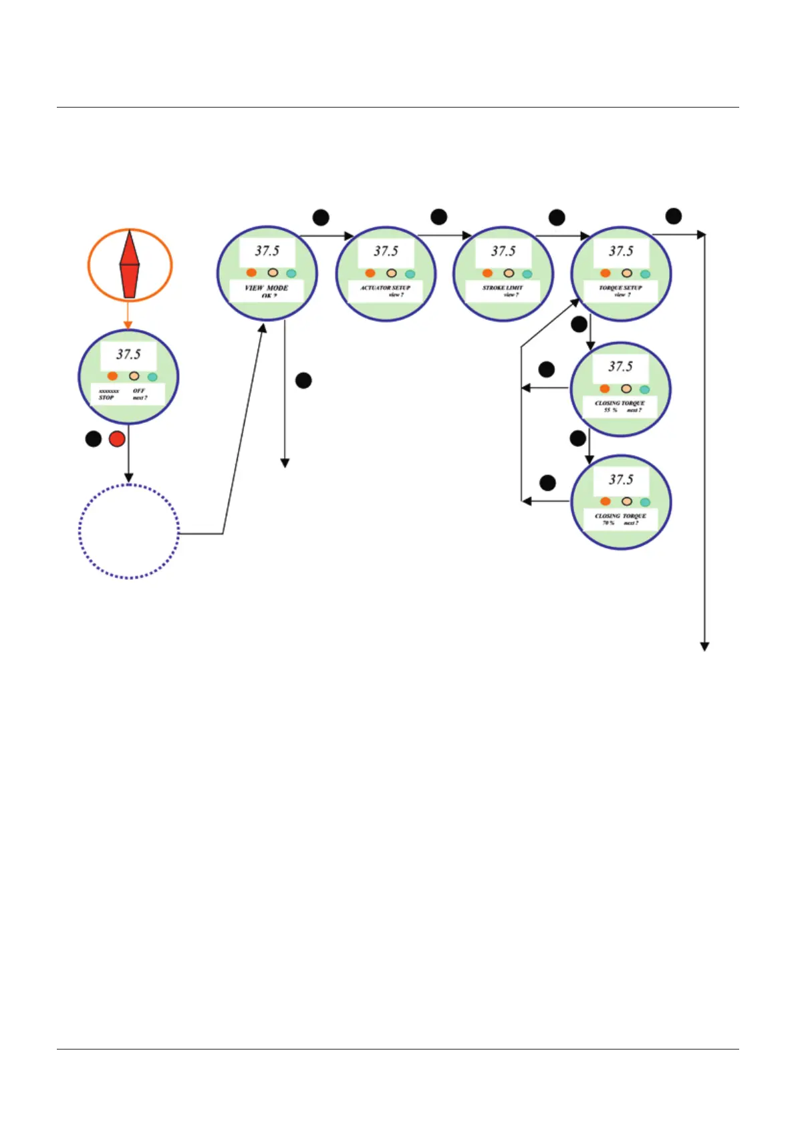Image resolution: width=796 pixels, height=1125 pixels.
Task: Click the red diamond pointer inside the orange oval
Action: point(130,265)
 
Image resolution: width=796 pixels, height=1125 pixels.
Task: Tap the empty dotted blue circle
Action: point(129,531)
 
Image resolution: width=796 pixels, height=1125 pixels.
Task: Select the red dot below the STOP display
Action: point(117,439)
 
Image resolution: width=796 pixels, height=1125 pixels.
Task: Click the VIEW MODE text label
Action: point(266,288)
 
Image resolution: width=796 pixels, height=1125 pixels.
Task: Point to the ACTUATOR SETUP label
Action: point(385,287)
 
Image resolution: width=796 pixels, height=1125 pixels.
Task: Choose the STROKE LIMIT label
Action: point(503,287)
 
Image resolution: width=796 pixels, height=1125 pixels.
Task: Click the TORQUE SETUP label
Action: point(620,287)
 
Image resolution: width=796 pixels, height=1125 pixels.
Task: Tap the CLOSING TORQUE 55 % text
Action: point(620,406)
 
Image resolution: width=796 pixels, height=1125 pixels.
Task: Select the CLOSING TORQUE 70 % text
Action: point(620,519)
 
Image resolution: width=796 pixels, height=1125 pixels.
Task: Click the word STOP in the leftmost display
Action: point(106,397)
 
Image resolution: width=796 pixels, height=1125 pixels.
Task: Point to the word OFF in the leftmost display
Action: point(138,390)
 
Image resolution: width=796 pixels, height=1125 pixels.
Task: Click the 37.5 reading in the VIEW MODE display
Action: point(267,251)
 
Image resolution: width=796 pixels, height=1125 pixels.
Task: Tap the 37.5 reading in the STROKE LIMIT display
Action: point(503,251)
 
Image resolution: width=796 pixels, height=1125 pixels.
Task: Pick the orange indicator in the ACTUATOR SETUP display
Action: point(370,273)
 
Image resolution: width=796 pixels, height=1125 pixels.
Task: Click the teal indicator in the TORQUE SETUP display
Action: point(645,274)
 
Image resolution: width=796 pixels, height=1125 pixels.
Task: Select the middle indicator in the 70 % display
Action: point(626,501)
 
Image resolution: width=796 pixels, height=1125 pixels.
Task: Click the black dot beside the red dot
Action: point(94,439)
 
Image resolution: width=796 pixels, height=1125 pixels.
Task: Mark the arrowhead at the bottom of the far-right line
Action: point(704,646)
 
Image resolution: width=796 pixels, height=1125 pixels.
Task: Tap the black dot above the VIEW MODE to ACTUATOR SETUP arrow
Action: point(321,217)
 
